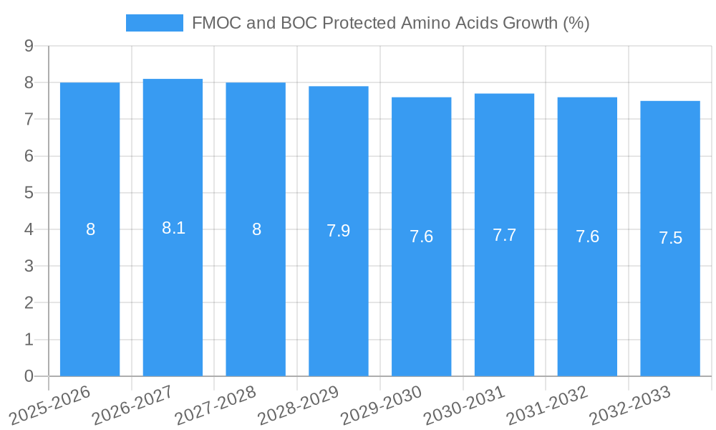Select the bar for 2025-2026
click(x=89, y=229)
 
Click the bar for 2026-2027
click(x=173, y=227)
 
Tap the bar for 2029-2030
click(x=421, y=236)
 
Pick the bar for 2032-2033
click(x=670, y=239)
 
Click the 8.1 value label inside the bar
click(x=173, y=228)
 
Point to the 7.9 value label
click(x=339, y=231)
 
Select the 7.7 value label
click(x=504, y=235)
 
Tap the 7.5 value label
click(x=670, y=239)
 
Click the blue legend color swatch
click(x=154, y=23)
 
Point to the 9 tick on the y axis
click(x=29, y=46)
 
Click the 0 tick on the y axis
click(x=29, y=376)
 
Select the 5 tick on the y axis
click(x=29, y=193)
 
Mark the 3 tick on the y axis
click(x=29, y=266)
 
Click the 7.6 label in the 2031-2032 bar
click(x=587, y=236)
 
